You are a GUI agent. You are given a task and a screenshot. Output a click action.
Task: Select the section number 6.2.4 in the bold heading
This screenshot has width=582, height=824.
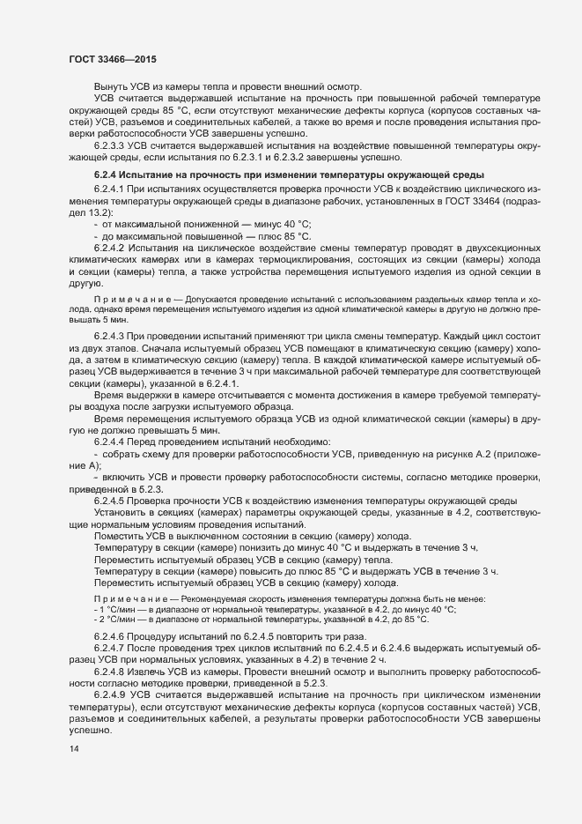(106, 176)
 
